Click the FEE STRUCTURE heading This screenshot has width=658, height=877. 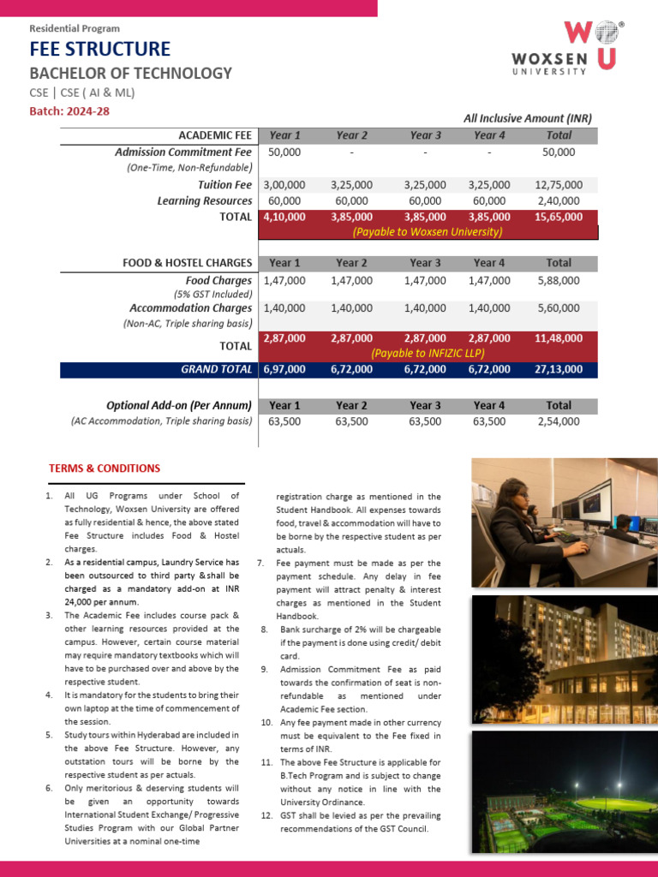tap(100, 50)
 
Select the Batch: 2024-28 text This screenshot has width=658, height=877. tap(69, 111)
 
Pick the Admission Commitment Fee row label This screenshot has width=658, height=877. tap(183, 152)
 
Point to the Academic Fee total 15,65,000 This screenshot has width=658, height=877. tap(559, 217)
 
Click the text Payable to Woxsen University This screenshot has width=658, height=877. tap(428, 232)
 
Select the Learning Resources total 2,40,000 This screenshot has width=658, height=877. tap(559, 201)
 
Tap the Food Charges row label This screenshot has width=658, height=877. tap(218, 281)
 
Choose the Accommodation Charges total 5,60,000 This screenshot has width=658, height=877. tap(559, 308)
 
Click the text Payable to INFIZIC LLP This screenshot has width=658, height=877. tap(428, 353)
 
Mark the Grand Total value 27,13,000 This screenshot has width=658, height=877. tap(559, 369)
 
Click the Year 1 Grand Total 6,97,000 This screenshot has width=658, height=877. tap(284, 369)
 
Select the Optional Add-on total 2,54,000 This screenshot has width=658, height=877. tap(559, 421)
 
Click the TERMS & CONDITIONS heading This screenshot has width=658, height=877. tap(105, 468)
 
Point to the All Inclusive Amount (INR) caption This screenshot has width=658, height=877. tap(528, 119)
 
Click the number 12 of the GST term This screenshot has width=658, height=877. tap(266, 816)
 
